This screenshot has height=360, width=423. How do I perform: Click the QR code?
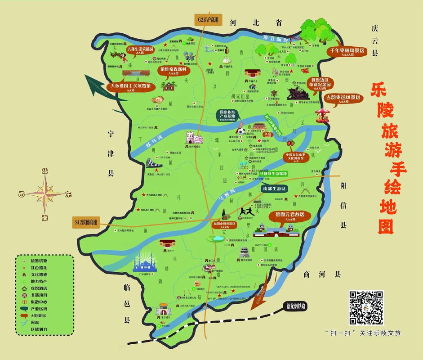(x=366, y=308)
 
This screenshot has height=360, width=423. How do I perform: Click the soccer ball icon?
(x=241, y=131)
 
